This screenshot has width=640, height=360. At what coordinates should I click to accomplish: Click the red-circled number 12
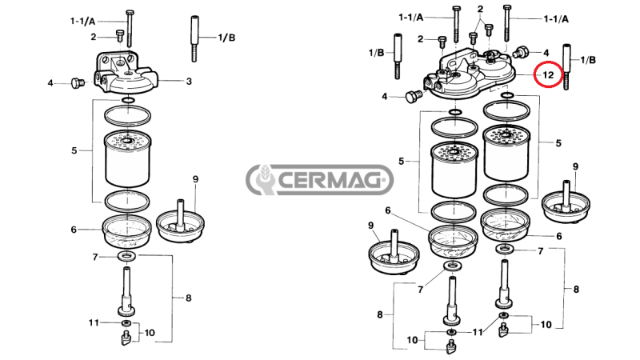(549, 75)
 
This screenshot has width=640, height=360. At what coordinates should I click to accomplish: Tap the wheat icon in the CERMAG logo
(263, 180)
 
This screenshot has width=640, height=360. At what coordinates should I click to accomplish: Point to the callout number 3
(189, 81)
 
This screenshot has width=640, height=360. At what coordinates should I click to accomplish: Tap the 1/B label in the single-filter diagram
(226, 38)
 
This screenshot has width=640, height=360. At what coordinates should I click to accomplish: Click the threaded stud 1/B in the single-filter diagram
(194, 38)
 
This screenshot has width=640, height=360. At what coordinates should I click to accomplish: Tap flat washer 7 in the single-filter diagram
(126, 256)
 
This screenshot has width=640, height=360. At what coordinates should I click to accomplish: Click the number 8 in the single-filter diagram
(188, 298)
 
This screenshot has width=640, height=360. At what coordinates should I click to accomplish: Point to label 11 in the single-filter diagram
(94, 322)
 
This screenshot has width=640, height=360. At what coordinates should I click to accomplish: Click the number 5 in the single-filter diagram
(74, 150)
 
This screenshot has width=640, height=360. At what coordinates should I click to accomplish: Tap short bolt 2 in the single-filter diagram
(120, 36)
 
